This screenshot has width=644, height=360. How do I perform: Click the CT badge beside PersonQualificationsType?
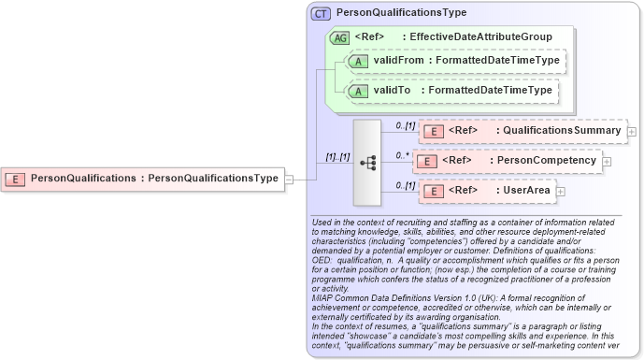tap(321, 13)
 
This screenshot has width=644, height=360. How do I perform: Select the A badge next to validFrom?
tap(357, 61)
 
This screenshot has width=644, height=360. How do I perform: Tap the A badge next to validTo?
tap(357, 91)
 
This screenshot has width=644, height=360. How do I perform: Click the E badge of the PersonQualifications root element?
tap(16, 178)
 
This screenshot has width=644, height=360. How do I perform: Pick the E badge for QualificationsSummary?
tap(432, 131)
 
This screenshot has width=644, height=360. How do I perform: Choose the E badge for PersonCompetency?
tap(426, 161)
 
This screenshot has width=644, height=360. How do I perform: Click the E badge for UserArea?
tap(432, 191)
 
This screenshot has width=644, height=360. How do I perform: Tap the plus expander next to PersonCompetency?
tap(608, 161)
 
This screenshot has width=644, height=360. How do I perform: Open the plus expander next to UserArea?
tap(561, 191)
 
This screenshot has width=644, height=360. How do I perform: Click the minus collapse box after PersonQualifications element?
tap(290, 178)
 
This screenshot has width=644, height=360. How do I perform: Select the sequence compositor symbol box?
tap(367, 162)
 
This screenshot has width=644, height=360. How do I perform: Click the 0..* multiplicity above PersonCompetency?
tap(403, 154)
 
